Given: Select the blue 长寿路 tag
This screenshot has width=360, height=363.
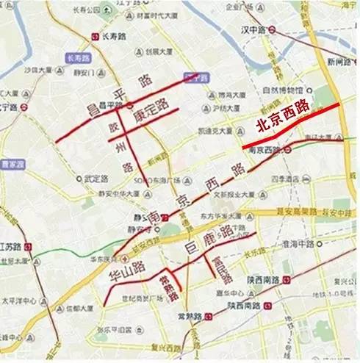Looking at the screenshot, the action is pos(76,57).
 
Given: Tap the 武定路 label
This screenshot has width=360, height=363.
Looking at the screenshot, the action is pos(96,177).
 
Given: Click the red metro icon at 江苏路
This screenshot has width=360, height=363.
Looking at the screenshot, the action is pos(28,245).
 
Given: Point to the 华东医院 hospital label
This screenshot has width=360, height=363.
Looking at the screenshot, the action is pos(100,259).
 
